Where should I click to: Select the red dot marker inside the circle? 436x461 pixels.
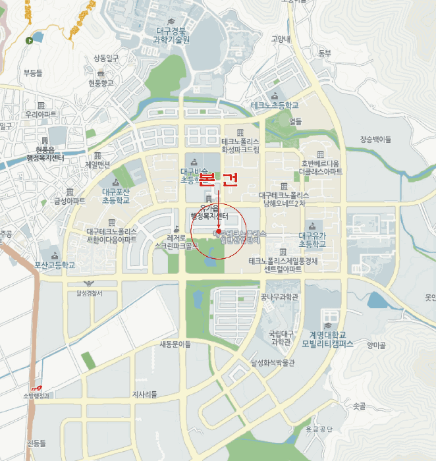click(x=218, y=232)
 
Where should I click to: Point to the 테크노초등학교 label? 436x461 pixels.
click(x=275, y=105)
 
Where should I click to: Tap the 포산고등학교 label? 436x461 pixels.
click(x=55, y=265)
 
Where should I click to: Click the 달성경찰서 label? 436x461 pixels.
click(x=90, y=293)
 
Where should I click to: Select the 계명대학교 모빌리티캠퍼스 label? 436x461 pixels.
click(x=327, y=339)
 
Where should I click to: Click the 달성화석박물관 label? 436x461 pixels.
click(x=273, y=362)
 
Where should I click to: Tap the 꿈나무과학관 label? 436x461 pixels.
click(x=279, y=297)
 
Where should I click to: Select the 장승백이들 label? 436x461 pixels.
click(x=375, y=139)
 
